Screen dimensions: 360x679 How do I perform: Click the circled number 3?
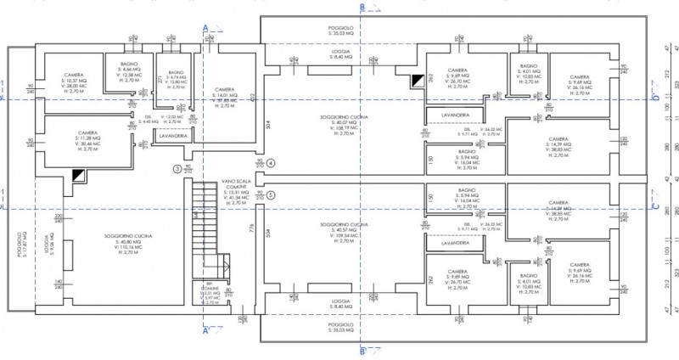(177, 169)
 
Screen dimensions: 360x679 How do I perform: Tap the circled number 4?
(271, 162)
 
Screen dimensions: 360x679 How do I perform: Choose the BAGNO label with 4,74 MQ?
(176, 78)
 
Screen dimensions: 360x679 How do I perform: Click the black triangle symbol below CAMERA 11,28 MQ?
(79, 173)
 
